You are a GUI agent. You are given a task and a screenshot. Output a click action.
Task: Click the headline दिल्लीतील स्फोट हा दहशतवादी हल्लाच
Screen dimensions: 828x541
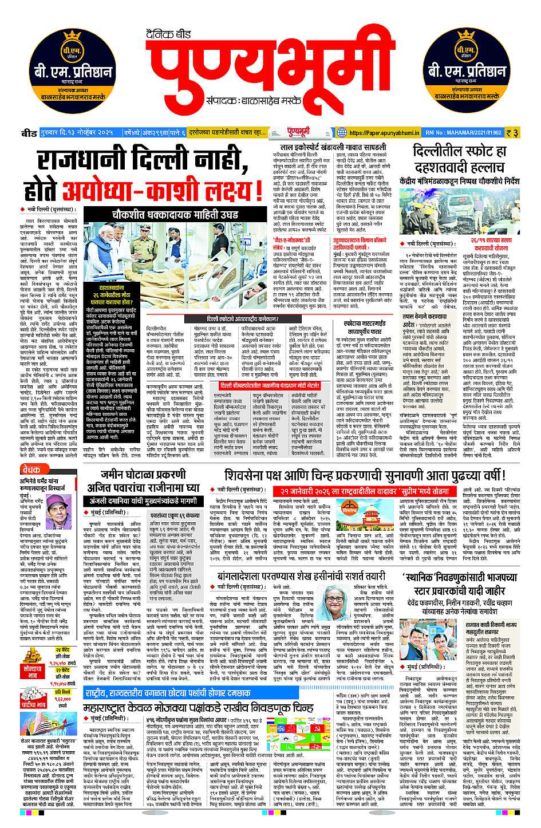460,160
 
